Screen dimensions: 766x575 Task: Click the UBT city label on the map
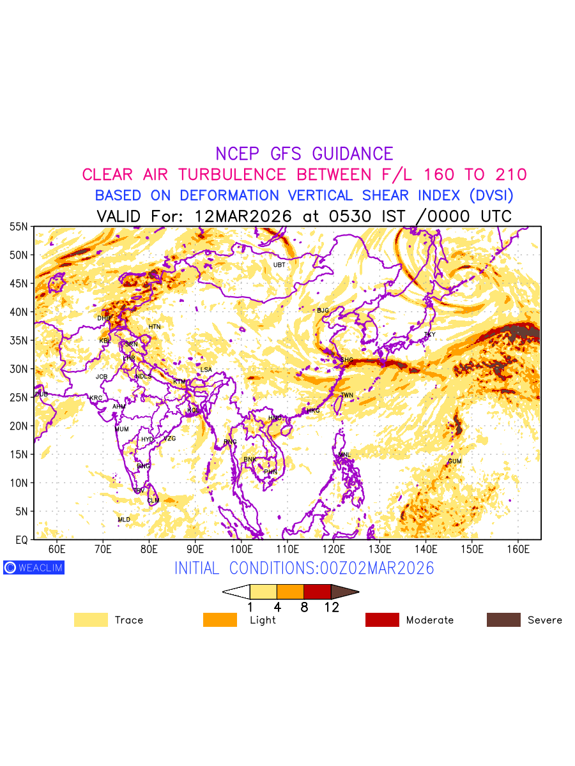[x=279, y=264]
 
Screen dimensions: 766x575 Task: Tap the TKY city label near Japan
[x=429, y=334]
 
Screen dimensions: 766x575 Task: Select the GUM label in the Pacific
[x=454, y=461]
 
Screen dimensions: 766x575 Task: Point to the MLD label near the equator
[x=124, y=520]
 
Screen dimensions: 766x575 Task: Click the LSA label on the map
[x=206, y=370]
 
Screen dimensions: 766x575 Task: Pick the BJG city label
[x=323, y=310]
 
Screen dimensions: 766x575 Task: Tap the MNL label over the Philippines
[x=345, y=454]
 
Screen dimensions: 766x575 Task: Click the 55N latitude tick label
[x=19, y=227]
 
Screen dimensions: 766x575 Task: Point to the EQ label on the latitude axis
[x=21, y=540]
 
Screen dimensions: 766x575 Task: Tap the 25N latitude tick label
[x=19, y=398]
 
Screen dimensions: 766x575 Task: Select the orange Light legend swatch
[x=220, y=620]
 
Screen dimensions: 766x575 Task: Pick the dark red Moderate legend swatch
[x=382, y=620]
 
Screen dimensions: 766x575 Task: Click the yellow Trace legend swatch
[x=91, y=620]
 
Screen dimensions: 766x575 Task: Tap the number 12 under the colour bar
[x=331, y=608]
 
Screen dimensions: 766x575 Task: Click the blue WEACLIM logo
[x=34, y=567]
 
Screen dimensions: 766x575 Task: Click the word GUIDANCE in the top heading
[x=353, y=154]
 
